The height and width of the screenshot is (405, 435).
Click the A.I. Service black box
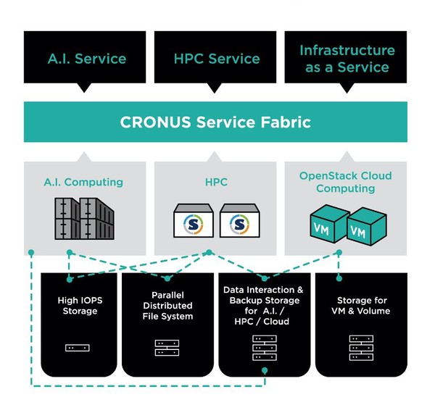point(86,59)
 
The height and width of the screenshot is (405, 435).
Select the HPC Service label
point(215,59)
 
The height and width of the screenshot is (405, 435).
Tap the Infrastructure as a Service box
point(347,59)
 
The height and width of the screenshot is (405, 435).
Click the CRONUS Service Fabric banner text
point(215,122)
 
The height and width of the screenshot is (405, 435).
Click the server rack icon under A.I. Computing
point(86,219)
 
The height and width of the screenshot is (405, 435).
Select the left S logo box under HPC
point(193,220)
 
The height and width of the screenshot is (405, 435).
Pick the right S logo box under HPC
point(239,220)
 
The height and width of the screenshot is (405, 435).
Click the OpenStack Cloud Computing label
point(347,182)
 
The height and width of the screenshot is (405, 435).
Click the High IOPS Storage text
point(77,306)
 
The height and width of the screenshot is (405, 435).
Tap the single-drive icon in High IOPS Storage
point(77,348)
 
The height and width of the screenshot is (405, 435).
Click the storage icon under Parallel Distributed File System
point(168,348)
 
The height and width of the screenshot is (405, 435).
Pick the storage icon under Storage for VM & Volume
point(360,348)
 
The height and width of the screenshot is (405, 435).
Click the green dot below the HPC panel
point(209,253)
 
